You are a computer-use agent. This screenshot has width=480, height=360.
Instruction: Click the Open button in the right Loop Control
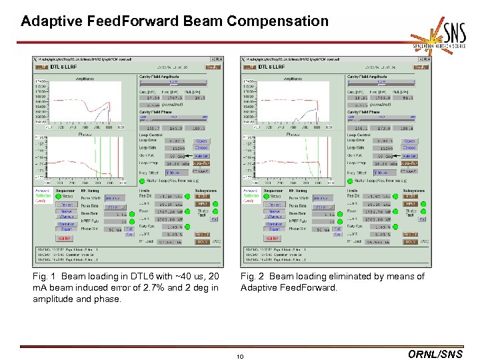(409, 141)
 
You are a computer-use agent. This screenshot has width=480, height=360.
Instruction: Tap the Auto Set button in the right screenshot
(409, 155)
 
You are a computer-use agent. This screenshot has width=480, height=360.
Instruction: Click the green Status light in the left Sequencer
(58, 197)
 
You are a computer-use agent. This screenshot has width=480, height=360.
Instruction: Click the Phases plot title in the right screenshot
(293, 133)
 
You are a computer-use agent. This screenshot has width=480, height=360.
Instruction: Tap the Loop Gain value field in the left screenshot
(176, 148)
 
